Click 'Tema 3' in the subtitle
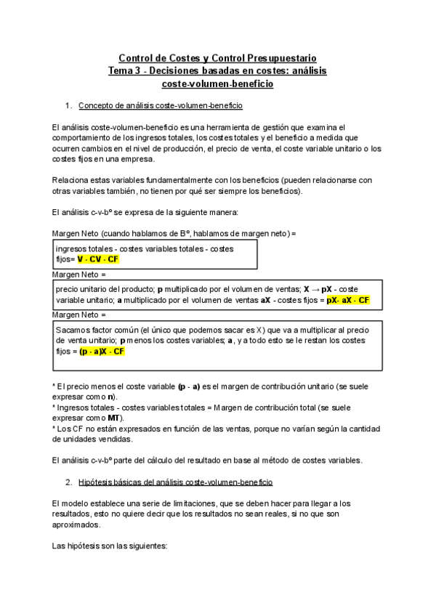coord(124,71)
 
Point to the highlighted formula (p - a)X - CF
coord(102,352)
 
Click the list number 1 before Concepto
coord(68,107)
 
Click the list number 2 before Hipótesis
coord(68,482)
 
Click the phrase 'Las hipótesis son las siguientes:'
coord(110,545)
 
